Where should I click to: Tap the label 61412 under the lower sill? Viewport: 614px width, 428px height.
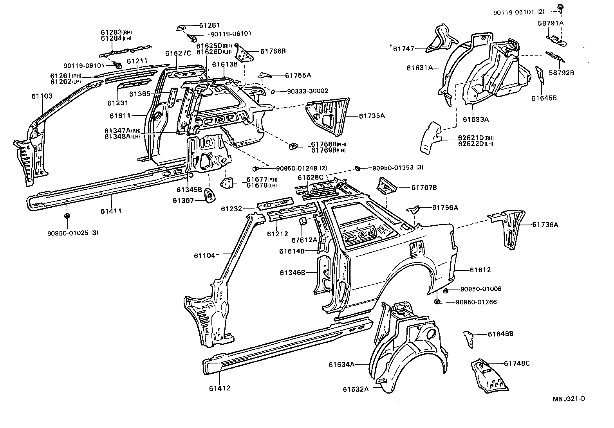pos(220,388)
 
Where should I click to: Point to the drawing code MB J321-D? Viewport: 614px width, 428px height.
pos(569,399)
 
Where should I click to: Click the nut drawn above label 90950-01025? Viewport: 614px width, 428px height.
pos(67,216)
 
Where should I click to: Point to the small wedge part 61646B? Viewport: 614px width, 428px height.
pos(469,338)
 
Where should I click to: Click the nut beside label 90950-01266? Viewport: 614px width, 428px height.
pos(437,302)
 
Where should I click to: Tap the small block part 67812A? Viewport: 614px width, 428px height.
pos(303,222)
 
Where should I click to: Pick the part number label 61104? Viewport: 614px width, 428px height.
pos(204,255)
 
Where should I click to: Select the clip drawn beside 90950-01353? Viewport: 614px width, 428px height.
pos(358,168)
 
